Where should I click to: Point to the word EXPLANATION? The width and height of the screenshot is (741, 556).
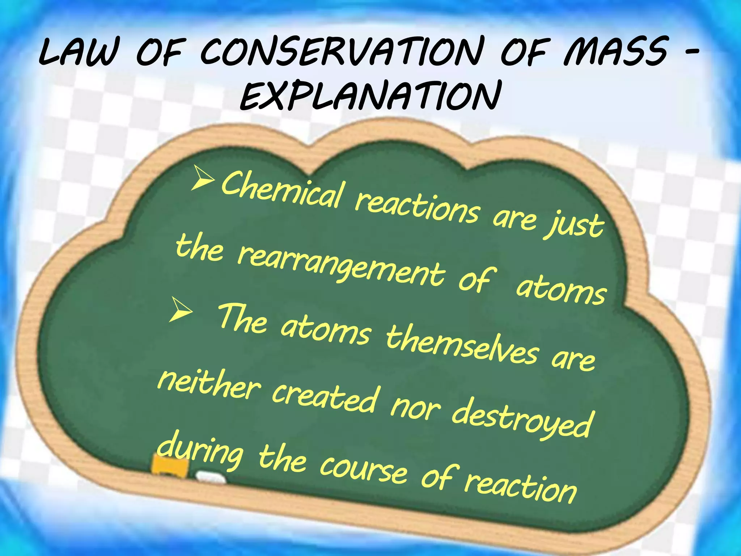370,96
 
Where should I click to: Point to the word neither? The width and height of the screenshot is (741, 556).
208,386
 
